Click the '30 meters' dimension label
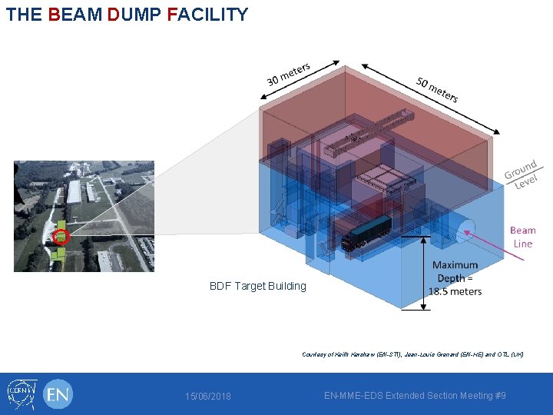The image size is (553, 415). coord(288,74)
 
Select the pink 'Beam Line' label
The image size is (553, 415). coord(522,237)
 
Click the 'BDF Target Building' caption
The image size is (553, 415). coord(257,286)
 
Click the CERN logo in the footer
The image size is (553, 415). coord(22,394)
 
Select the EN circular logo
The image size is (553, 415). coord(58,394)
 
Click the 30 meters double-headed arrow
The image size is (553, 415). coord(300,79)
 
